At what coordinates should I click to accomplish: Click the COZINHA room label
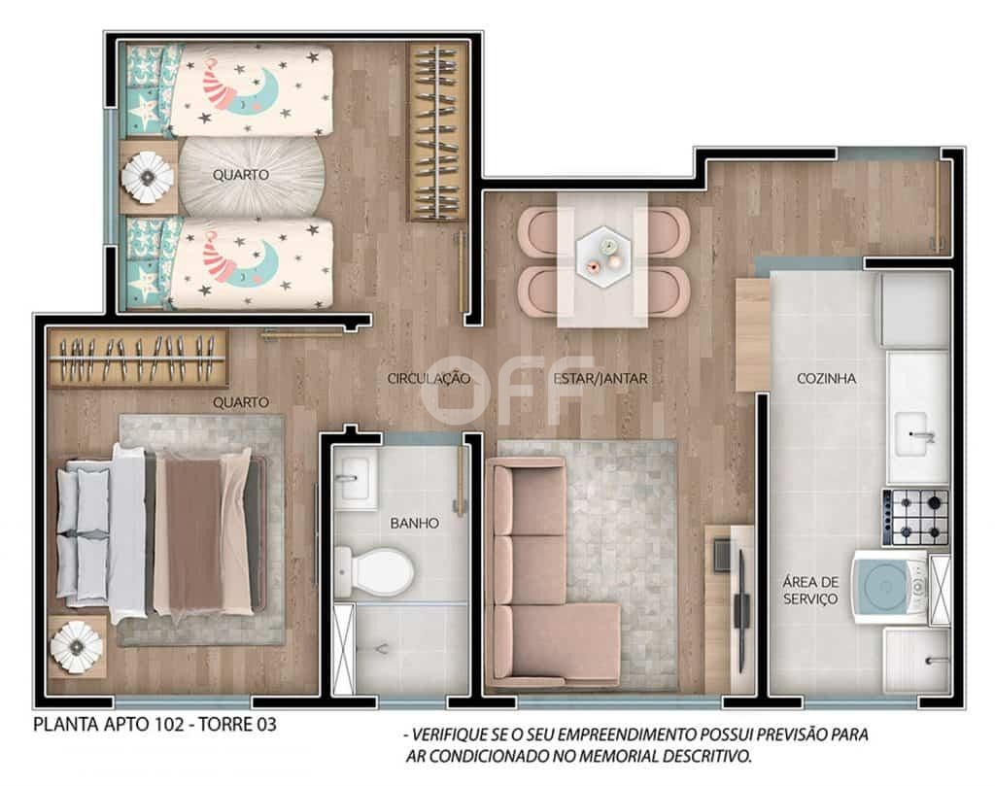click(x=826, y=379)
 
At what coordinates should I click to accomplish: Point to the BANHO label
click(x=414, y=524)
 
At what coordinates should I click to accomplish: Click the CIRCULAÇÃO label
click(x=429, y=379)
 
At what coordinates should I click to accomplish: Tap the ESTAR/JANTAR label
click(x=600, y=379)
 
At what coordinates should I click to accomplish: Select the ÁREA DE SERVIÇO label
click(x=810, y=591)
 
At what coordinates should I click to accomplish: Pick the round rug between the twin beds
click(x=252, y=177)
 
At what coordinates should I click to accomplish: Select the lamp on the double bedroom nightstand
click(x=77, y=647)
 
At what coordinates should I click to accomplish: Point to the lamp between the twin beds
click(x=148, y=177)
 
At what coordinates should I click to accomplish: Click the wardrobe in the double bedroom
click(x=138, y=359)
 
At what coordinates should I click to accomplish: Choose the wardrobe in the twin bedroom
click(x=436, y=132)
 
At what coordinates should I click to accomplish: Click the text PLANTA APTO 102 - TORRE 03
click(x=154, y=725)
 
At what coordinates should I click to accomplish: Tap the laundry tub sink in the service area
click(x=917, y=661)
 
